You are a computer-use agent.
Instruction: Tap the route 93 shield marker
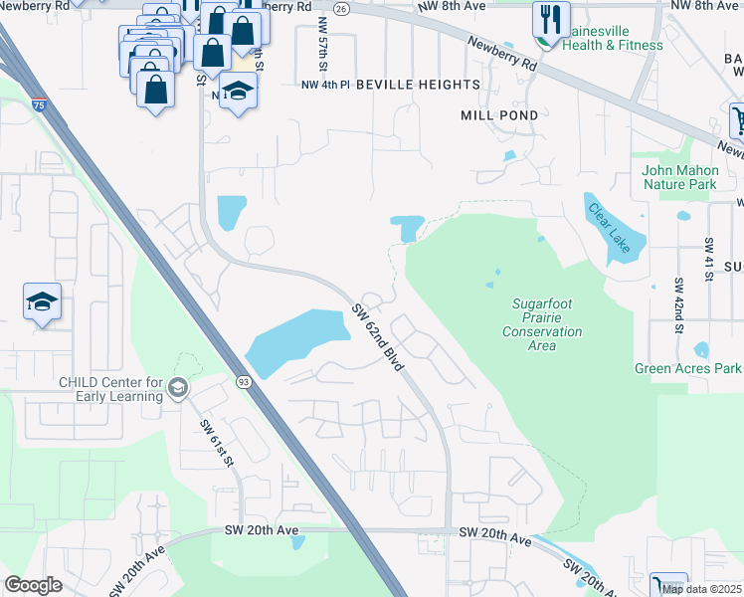(x=243, y=380)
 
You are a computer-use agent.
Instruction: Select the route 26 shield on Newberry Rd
(x=340, y=7)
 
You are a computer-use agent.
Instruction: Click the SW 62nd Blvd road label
(x=377, y=339)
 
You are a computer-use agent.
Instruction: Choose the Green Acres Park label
(x=688, y=369)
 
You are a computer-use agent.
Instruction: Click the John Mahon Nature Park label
(x=679, y=177)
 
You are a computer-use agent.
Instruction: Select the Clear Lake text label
(x=611, y=229)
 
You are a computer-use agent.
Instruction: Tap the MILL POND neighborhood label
(x=499, y=115)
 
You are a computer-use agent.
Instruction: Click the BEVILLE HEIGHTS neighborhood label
(x=418, y=86)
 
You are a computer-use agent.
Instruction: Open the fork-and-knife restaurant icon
(x=546, y=17)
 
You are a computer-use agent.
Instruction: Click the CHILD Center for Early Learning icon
(x=178, y=388)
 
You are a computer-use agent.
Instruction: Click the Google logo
(x=33, y=585)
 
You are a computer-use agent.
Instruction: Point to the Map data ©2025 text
(x=700, y=589)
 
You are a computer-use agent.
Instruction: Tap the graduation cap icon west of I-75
(x=43, y=301)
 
